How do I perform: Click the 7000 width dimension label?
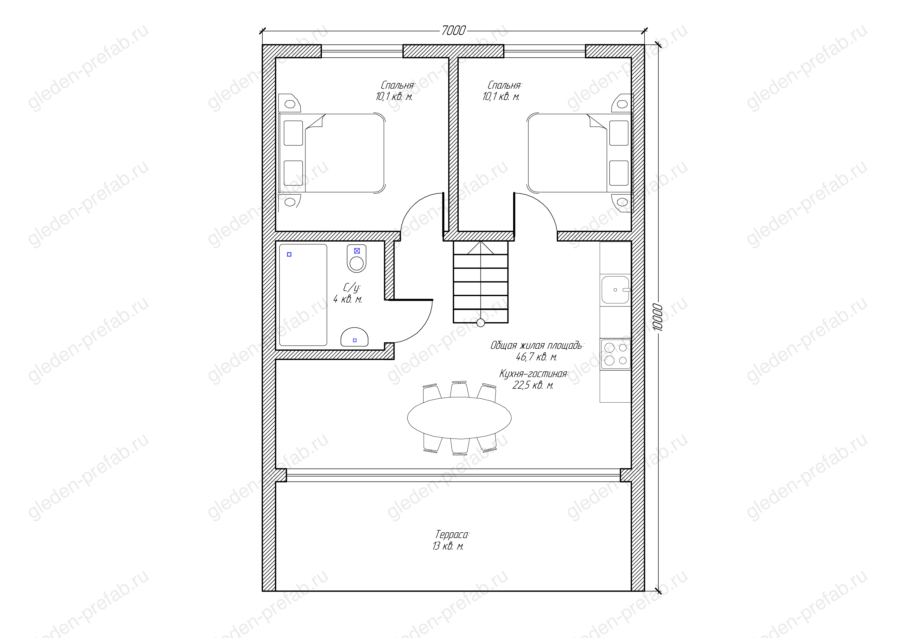[453, 31]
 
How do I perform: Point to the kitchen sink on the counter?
[615, 289]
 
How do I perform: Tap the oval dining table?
[459, 418]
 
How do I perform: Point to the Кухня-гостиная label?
[534, 373]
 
